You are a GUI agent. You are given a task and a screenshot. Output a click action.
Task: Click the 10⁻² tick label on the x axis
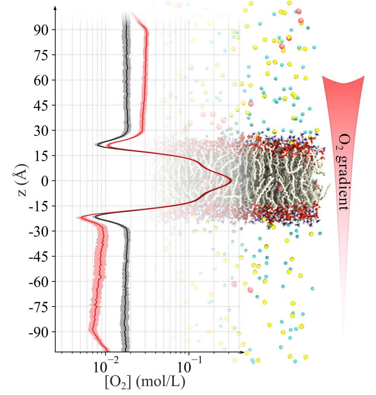(x=105, y=366)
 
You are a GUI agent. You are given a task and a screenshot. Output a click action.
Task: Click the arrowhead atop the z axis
(x=56, y=8)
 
